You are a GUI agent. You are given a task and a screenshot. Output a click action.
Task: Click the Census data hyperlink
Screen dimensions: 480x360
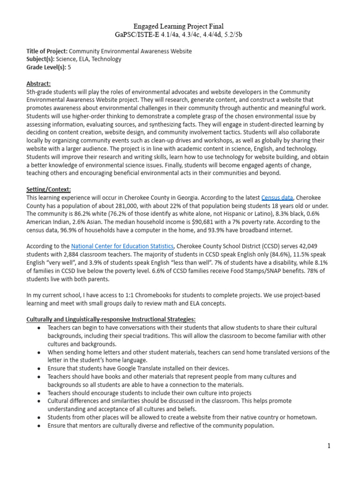277,198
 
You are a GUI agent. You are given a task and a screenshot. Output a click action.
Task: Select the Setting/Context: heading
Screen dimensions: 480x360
49,189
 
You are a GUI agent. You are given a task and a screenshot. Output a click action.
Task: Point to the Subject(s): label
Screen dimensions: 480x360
41,59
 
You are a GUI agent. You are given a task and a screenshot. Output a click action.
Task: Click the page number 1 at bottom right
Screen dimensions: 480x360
329,446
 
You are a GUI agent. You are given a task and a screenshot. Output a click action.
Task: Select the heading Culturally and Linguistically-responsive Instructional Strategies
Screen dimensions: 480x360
111,319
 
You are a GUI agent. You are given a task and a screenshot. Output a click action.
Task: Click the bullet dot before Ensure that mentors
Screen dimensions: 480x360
38,426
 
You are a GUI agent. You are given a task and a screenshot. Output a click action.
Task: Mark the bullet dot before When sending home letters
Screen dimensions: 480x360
38,352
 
